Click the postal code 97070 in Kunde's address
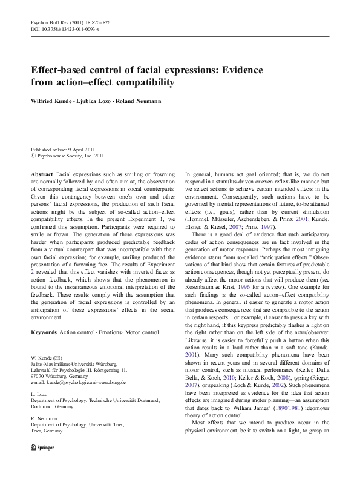click(38, 376)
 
